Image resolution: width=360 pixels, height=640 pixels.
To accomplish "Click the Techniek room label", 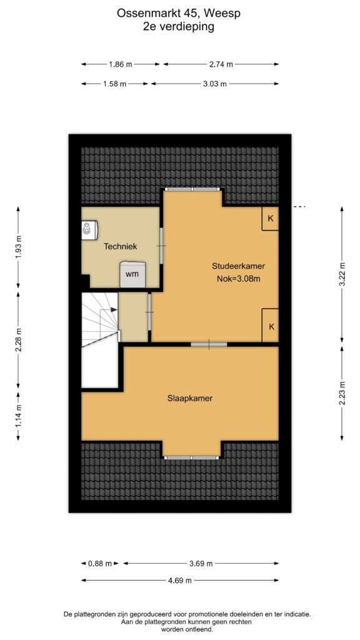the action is pyautogui.click(x=120, y=246).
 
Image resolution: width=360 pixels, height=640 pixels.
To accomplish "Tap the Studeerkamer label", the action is pyautogui.click(x=238, y=266).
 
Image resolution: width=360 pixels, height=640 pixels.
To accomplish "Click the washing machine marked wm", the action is pyautogui.click(x=132, y=274).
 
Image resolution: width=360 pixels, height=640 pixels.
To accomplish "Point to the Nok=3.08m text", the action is pyautogui.click(x=239, y=279).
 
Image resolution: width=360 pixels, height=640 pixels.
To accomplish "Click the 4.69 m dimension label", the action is pyautogui.click(x=181, y=581).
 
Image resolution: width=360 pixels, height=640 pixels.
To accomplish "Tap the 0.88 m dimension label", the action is pyautogui.click(x=100, y=564).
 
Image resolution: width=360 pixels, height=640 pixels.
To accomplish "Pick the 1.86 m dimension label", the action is pyautogui.click(x=121, y=64).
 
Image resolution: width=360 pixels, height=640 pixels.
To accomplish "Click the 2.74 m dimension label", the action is pyautogui.click(x=221, y=64).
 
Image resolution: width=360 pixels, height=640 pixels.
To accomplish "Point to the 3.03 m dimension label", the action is pyautogui.click(x=215, y=84).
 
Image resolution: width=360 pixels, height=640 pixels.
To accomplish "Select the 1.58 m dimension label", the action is pyautogui.click(x=115, y=84).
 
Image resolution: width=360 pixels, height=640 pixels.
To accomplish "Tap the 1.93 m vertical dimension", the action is pyautogui.click(x=18, y=249).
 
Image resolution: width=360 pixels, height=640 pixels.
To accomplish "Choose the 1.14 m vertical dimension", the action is pyautogui.click(x=18, y=416).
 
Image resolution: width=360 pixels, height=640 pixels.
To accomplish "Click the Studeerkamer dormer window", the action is pyautogui.click(x=192, y=189).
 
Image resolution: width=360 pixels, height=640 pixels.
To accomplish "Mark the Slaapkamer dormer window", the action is pyautogui.click(x=192, y=457).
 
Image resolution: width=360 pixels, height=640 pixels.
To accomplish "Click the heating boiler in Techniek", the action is pyautogui.click(x=89, y=230).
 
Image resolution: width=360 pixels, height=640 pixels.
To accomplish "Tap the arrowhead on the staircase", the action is pyautogui.click(x=114, y=310).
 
